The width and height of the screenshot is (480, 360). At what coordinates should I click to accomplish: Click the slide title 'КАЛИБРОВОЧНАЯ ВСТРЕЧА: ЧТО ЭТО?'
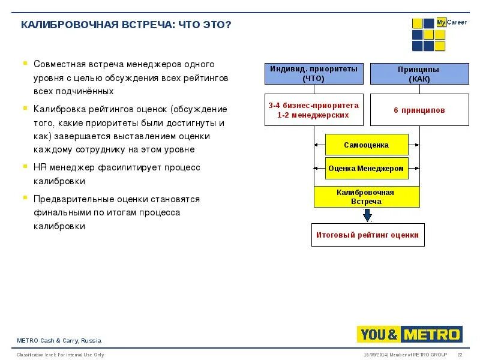[125, 25]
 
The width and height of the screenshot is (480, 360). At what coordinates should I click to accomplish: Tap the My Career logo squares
[428, 35]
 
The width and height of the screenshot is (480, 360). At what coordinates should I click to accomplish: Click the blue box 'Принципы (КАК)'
[419, 74]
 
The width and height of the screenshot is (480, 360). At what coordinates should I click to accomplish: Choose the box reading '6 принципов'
[419, 110]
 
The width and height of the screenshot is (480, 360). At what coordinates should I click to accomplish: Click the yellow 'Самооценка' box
[366, 145]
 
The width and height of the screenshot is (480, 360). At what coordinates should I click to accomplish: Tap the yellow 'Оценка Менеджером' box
[366, 169]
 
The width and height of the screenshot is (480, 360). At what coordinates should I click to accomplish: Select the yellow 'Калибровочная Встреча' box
[366, 197]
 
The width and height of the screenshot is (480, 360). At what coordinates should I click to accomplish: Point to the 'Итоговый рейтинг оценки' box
[367, 235]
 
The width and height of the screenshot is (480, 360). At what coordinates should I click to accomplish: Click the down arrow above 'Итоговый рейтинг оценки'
[367, 215]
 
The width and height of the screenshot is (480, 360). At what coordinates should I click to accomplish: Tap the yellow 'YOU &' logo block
[379, 334]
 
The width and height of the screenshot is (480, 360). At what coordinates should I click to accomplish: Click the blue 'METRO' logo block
[432, 334]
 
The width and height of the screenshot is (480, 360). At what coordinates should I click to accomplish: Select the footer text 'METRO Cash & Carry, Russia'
[59, 341]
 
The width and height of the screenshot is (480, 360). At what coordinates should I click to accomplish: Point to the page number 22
[460, 355]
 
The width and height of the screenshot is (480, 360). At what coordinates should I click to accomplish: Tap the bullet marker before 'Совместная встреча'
[25, 62]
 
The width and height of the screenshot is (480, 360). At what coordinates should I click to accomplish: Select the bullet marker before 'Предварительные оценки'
[25, 197]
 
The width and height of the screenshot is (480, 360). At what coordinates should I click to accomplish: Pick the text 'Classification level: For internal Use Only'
[60, 355]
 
